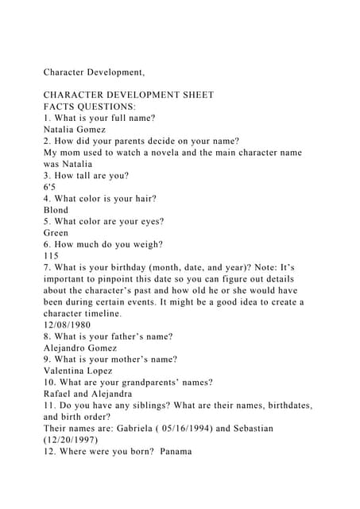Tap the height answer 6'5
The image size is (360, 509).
[50, 186]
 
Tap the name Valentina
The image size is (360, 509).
[68, 371]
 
